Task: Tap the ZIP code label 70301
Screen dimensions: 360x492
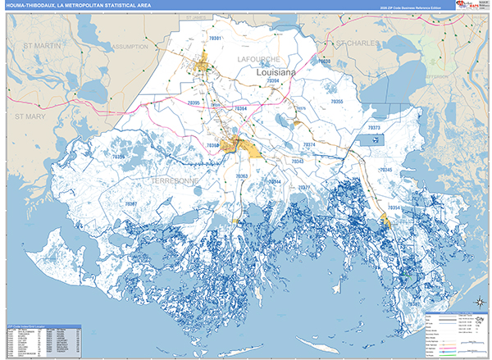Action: point(216,39)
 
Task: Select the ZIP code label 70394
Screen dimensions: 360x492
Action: point(273,81)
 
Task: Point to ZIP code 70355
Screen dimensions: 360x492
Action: point(336,102)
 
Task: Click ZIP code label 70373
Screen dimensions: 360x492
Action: point(375,129)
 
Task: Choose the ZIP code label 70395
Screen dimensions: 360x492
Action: point(194,102)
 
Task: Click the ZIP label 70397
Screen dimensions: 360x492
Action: point(131,203)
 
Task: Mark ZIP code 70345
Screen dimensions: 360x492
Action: point(385,170)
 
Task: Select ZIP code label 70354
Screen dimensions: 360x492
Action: point(394,208)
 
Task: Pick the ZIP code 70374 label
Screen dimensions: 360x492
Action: point(309,144)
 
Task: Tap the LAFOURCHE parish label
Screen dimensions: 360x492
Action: point(259,60)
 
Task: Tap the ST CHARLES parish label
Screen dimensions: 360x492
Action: point(359,42)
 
